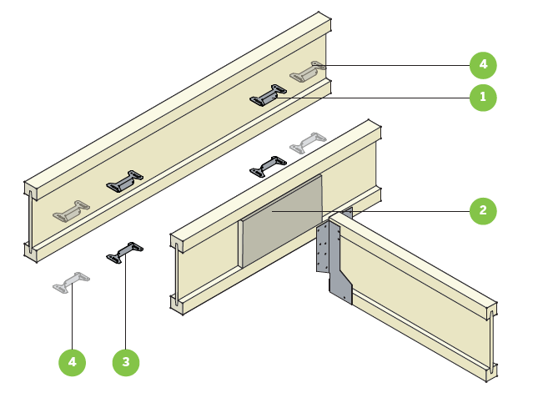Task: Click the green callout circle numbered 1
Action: click(482, 98)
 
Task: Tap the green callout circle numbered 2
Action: click(482, 211)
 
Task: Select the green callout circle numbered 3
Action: click(126, 362)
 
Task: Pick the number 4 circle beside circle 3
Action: click(73, 362)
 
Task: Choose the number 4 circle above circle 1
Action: click(482, 63)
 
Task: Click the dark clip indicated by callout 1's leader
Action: click(268, 97)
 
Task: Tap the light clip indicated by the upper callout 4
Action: click(307, 73)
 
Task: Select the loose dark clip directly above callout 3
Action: click(125, 251)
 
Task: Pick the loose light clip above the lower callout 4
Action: click(72, 282)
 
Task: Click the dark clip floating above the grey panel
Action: click(268, 166)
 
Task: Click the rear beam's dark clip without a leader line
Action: click(123, 180)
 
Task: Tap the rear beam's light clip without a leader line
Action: click(71, 210)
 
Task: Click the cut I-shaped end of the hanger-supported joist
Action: click(493, 342)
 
